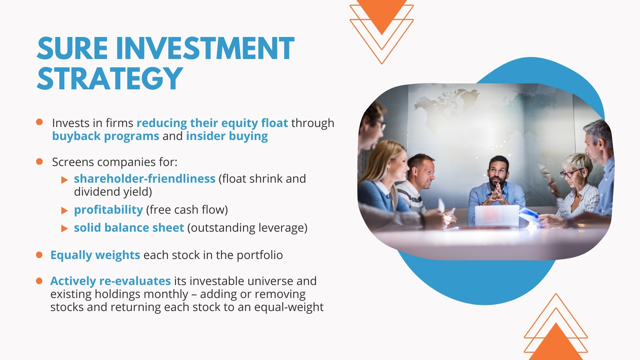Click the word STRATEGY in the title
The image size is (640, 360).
(110, 78)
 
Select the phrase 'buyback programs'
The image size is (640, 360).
(106, 136)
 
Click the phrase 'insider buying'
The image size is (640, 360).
(227, 136)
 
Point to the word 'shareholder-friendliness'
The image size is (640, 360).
(145, 179)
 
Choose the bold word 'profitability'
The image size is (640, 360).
(108, 210)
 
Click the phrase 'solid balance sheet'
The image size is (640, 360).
(129, 228)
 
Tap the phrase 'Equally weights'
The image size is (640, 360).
(95, 255)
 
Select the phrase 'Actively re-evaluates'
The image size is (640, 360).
(111, 281)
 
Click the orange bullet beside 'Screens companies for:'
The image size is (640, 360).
(39, 162)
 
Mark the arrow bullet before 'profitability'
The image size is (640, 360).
(65, 211)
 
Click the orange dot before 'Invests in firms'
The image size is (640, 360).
(39, 122)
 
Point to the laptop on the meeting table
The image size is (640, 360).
(497, 216)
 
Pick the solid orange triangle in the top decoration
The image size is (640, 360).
(382, 13)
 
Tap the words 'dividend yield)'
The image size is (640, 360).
(113, 192)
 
